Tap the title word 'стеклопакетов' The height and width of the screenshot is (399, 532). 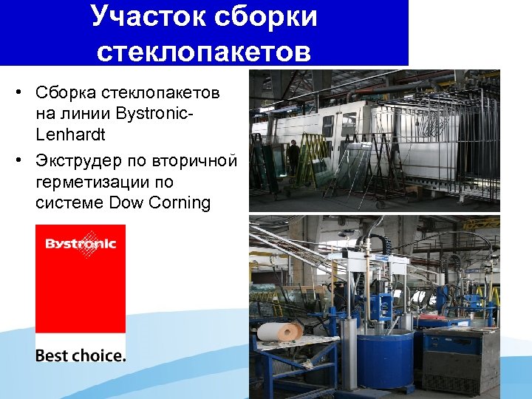pyautogui.click(x=204, y=51)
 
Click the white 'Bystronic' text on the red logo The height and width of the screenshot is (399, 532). pyautogui.click(x=80, y=245)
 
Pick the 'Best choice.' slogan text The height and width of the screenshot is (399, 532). pyautogui.click(x=80, y=355)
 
